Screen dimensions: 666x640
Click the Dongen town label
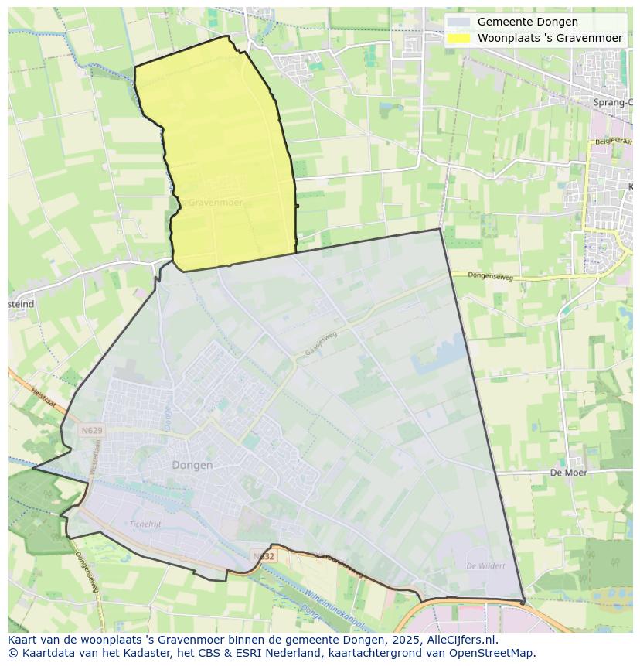point(192,465)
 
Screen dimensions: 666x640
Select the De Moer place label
point(568,472)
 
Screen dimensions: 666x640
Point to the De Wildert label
point(486,566)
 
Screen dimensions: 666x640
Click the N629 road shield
point(91,429)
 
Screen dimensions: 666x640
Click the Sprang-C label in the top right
point(613,102)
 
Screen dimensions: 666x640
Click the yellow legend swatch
point(458,38)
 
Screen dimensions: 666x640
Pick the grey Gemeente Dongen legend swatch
point(458,22)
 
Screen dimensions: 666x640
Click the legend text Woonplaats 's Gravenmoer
point(550,38)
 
